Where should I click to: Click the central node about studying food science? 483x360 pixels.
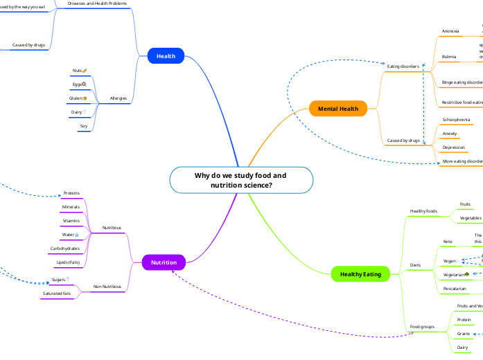(240, 180)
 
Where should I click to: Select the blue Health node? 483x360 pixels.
(166, 56)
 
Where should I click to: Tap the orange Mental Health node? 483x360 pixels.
(338, 109)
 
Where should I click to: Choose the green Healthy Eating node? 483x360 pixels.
(355, 274)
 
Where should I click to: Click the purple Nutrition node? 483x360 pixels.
(164, 262)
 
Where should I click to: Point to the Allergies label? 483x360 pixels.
(118, 98)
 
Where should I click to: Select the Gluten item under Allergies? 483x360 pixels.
(78, 98)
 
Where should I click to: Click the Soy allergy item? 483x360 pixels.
(83, 126)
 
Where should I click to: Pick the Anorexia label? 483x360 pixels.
(450, 31)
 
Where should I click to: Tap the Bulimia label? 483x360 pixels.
(449, 56)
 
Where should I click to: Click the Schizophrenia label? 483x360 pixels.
(456, 120)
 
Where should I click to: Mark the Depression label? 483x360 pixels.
(453, 147)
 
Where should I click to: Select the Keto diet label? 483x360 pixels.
(448, 242)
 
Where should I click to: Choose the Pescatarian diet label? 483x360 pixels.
(459, 288)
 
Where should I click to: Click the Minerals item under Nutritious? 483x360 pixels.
(71, 207)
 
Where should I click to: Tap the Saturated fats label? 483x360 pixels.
(57, 294)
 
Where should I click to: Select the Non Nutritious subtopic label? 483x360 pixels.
(107, 286)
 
